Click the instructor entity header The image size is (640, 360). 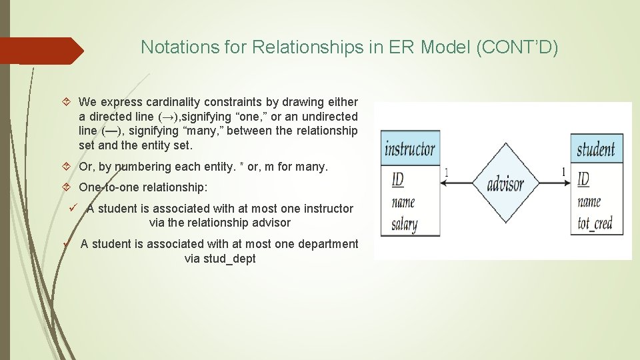tap(410, 149)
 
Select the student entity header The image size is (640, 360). tap(596, 149)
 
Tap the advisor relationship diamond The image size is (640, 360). tap(505, 183)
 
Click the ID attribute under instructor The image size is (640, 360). tap(397, 179)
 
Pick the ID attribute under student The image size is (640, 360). tap(583, 179)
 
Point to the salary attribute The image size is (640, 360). tap(405, 224)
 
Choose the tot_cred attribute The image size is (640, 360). tap(595, 223)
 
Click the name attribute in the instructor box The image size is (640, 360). tap(403, 201)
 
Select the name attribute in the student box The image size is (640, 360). tap(589, 201)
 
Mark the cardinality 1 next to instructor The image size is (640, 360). tap(447, 173)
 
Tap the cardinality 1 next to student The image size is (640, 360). tap(563, 172)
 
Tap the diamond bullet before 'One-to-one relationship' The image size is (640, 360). tap(67, 187)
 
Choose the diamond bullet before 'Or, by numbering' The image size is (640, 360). tap(67, 167)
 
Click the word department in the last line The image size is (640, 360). tap(324, 244)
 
